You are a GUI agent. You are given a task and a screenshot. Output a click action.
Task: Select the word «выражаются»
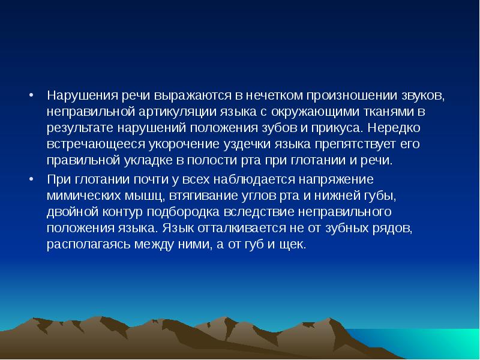point(193,95)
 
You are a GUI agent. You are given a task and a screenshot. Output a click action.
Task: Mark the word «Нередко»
point(397,128)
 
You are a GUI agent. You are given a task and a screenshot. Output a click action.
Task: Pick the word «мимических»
point(81,196)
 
